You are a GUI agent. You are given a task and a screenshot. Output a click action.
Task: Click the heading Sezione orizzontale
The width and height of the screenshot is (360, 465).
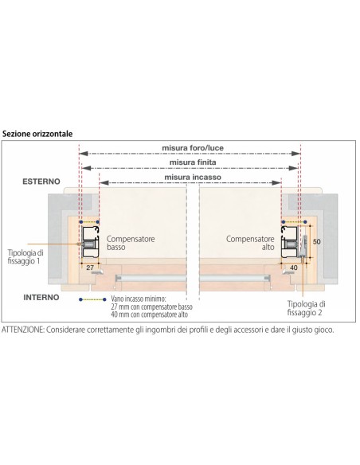(37, 134)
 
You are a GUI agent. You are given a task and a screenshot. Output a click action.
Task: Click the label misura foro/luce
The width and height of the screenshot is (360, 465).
(193, 147)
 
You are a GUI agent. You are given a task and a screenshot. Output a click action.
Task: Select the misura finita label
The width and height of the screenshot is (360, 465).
(193, 162)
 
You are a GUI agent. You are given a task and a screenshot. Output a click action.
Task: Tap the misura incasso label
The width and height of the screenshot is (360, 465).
(193, 177)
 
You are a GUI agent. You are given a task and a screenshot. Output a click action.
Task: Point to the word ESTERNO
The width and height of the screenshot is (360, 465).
(41, 182)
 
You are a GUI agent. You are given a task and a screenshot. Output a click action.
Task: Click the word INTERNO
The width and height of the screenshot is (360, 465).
(41, 297)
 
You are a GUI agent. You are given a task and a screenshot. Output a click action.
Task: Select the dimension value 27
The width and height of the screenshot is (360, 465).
(90, 268)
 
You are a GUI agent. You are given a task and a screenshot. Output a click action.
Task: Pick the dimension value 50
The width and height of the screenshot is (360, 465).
(317, 242)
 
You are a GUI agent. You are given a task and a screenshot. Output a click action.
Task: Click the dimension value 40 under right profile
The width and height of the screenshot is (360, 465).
(294, 268)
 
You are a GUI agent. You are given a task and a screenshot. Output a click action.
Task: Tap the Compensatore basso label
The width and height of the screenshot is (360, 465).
(131, 243)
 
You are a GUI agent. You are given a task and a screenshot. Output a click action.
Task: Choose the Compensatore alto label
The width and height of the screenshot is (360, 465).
(250, 243)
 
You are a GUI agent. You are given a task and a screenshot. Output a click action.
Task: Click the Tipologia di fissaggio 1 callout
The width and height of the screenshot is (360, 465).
(25, 257)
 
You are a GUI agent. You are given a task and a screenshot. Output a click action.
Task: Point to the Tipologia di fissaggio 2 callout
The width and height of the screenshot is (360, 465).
(306, 308)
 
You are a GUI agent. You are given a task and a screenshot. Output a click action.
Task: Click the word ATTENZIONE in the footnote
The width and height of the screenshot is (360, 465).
(23, 330)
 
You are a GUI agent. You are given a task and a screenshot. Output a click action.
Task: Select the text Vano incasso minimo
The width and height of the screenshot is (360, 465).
(139, 299)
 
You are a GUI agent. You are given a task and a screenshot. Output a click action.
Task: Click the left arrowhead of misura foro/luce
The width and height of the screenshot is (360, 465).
(84, 154)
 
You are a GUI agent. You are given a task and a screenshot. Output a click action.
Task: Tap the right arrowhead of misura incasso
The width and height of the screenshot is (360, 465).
(276, 182)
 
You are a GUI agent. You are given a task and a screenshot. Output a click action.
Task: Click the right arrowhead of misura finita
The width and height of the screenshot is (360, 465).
(293, 168)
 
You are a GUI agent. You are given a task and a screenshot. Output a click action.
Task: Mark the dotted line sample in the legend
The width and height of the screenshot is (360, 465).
(92, 299)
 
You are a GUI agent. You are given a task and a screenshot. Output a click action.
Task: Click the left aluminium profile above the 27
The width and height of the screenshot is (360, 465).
(90, 242)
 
